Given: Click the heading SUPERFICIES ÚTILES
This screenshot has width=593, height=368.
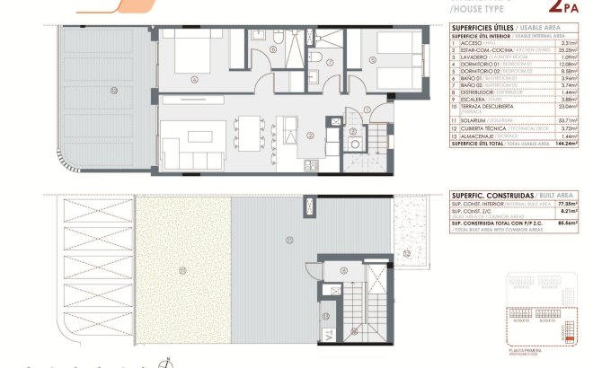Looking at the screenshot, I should point(480,28).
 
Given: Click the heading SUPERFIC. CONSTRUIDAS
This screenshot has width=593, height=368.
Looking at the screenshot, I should point(490,195).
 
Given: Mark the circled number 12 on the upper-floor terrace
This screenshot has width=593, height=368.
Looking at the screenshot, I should point(113,91).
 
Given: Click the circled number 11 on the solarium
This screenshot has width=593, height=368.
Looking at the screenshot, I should point(288,238).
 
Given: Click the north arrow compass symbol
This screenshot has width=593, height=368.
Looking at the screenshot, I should point(164,363).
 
